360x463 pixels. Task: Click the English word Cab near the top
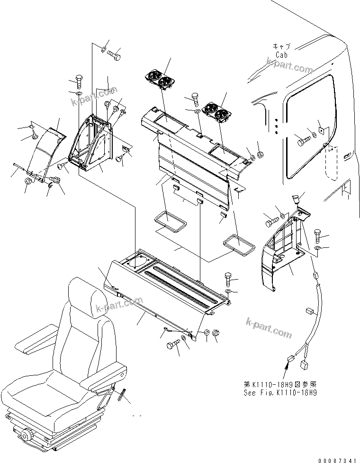[x=282, y=54]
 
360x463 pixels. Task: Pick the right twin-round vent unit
[x=216, y=113]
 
